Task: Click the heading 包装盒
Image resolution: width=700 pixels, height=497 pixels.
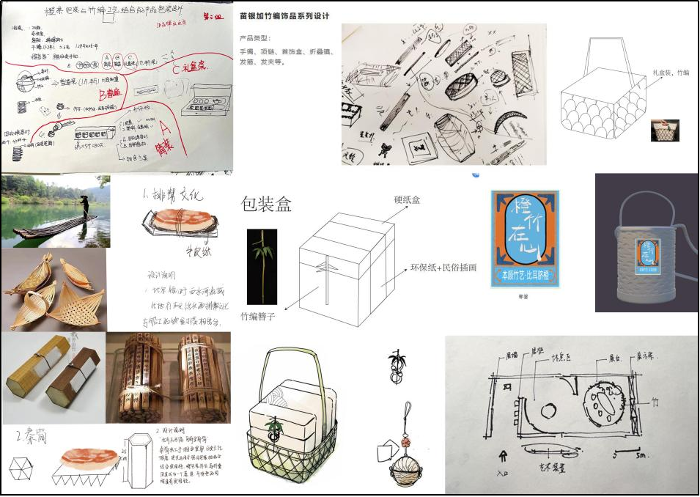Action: coord(266,204)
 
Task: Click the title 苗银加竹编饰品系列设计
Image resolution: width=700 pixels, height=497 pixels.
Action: coord(284,15)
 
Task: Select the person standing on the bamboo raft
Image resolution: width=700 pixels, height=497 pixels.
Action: coord(85,207)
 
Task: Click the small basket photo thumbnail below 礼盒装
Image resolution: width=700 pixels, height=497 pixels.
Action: coord(665,130)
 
